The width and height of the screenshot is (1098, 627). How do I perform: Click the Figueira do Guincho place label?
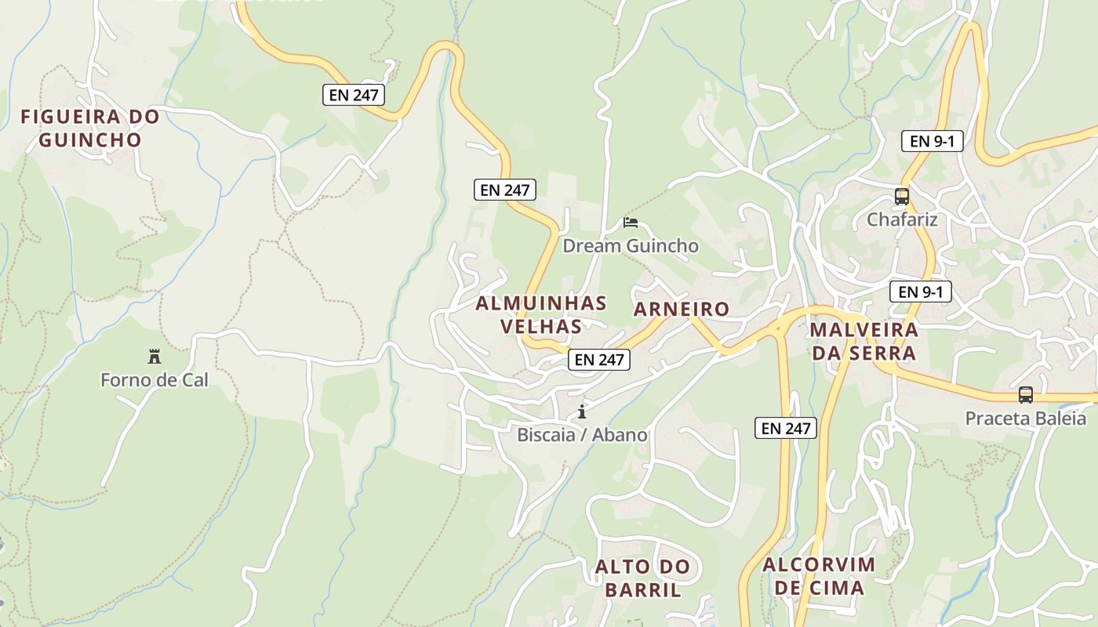click(90, 129)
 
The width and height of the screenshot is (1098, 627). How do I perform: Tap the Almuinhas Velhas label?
click(541, 314)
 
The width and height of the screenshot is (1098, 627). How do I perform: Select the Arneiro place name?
click(682, 309)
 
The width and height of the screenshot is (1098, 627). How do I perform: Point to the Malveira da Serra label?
click(863, 341)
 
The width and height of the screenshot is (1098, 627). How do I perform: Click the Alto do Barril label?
click(642, 578)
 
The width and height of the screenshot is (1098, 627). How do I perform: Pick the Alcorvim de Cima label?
click(819, 576)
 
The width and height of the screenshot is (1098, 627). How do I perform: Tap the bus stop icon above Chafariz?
click(902, 197)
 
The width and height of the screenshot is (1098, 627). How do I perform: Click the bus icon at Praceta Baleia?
click(1026, 395)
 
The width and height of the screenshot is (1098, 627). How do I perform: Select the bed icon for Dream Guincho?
click(630, 223)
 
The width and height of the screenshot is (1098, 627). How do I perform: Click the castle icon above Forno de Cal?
click(155, 357)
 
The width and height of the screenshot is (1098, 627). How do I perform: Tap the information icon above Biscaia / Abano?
click(582, 411)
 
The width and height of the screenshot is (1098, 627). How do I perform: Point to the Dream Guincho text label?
click(631, 246)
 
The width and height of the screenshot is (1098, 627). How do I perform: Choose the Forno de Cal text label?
click(155, 380)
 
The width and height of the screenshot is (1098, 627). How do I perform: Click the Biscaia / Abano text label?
click(582, 434)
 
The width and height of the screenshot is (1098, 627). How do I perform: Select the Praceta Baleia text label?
click(1025, 418)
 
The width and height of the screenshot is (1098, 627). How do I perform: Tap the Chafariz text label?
click(902, 219)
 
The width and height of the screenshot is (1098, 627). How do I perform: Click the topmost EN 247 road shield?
click(354, 96)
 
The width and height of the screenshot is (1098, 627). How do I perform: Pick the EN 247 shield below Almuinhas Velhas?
click(599, 360)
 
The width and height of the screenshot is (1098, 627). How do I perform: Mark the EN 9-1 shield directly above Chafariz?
click(932, 141)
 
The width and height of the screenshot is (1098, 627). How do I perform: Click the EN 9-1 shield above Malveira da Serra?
click(921, 292)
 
